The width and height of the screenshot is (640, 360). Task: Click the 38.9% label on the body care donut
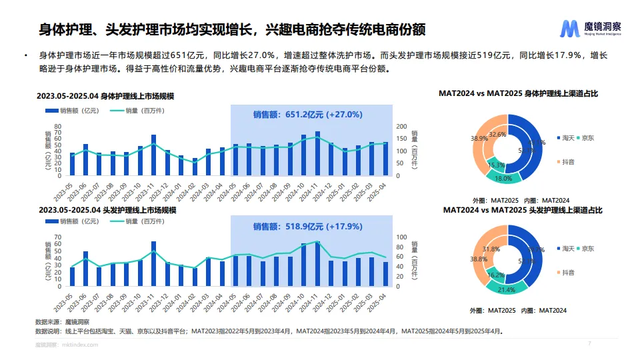(x=479, y=139)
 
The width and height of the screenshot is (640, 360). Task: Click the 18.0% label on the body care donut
(x=503, y=178)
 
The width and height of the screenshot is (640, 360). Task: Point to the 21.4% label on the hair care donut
(x=503, y=289)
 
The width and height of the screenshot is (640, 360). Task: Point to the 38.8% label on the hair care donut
(x=478, y=259)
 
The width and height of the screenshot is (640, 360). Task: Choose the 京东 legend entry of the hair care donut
(x=587, y=249)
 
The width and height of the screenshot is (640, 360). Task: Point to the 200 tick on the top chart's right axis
(x=401, y=126)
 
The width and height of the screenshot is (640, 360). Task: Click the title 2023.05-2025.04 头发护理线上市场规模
(x=107, y=210)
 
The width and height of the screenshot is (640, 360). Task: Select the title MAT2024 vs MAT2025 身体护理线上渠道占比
(x=518, y=94)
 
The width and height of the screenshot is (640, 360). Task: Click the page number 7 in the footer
(x=589, y=344)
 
